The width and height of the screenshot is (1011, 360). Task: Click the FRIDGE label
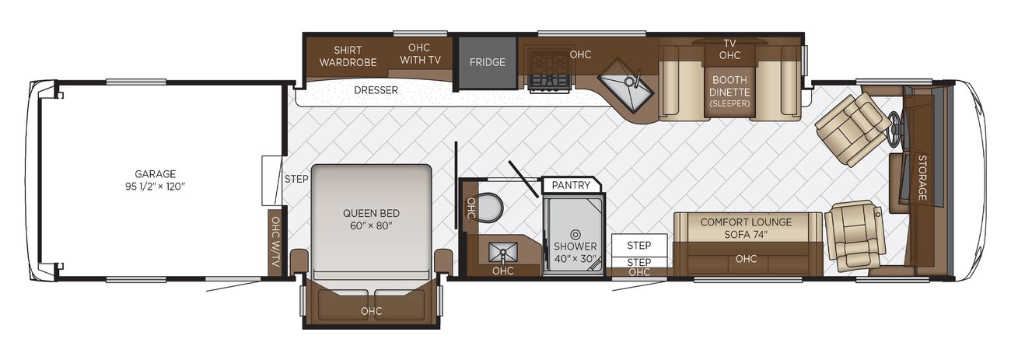point(487,62)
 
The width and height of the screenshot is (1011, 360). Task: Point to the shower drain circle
point(575,235)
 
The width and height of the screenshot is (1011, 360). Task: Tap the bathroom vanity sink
point(502,253)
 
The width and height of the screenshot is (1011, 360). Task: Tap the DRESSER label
point(376,90)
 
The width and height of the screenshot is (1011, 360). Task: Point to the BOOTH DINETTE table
point(729,91)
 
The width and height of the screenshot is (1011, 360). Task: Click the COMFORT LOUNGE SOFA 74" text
point(746,228)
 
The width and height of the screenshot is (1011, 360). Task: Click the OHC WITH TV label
point(420,54)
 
